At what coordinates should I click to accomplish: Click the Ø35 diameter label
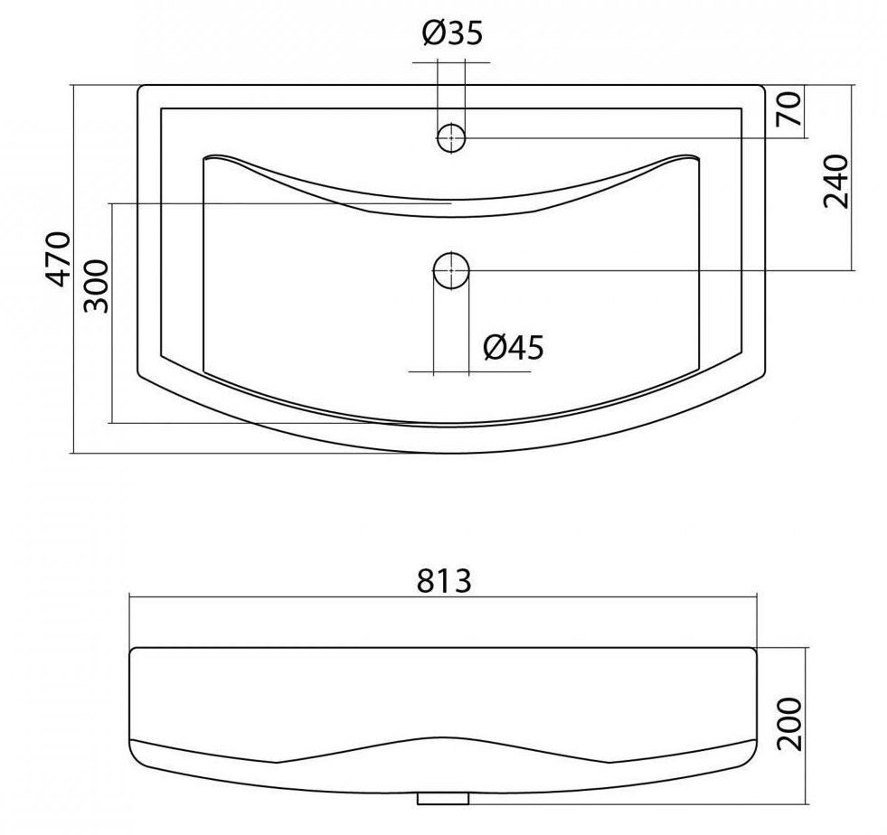[453, 33]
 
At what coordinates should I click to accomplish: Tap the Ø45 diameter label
[514, 347]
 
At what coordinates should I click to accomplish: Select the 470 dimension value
[58, 258]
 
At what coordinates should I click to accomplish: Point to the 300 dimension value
[95, 286]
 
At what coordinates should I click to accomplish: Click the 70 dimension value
[789, 108]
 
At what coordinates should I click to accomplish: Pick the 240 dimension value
[835, 181]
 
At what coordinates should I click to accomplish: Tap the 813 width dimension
[444, 580]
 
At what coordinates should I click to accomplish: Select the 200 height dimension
[789, 724]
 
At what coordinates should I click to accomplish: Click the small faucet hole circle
[451, 137]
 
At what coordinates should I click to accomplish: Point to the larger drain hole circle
[451, 271]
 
